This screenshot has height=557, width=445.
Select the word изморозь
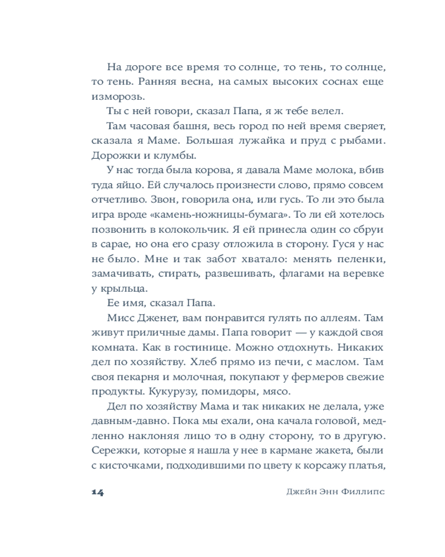click(111, 96)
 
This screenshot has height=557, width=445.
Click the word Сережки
click(115, 449)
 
